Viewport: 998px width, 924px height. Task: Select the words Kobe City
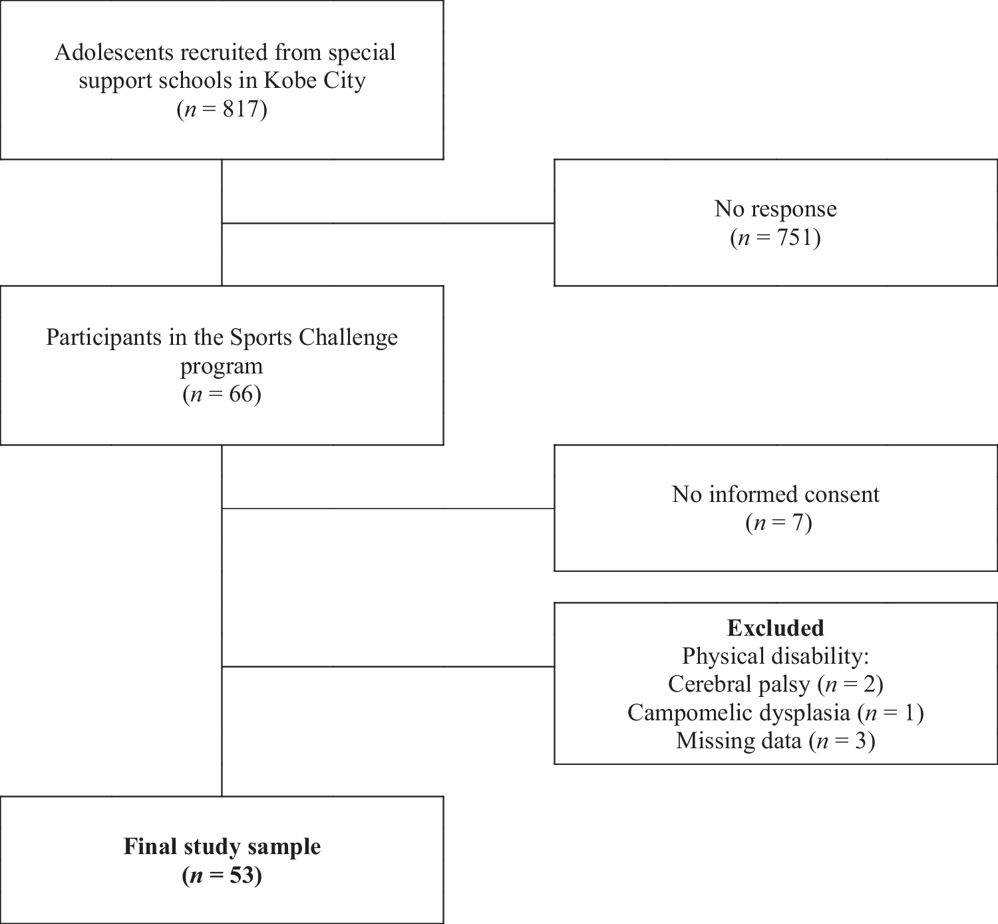(x=315, y=81)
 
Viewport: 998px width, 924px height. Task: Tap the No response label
(x=775, y=209)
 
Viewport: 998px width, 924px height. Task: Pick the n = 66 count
(x=222, y=395)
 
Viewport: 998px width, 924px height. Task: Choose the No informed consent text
(x=775, y=495)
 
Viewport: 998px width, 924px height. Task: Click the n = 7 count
(x=778, y=523)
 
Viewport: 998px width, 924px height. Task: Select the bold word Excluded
(x=775, y=628)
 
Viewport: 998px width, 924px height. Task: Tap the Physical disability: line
(x=775, y=656)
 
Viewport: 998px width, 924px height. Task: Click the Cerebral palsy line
(x=775, y=684)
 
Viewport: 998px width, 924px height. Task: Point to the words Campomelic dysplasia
(x=739, y=713)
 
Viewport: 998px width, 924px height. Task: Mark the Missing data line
(x=775, y=741)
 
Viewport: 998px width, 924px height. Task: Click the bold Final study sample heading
(x=222, y=847)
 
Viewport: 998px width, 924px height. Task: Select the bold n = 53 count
(x=222, y=875)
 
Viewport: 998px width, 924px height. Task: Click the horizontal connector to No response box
(x=388, y=224)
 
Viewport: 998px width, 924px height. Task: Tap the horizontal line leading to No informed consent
(x=388, y=509)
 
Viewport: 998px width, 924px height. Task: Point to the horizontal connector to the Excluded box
(x=388, y=666)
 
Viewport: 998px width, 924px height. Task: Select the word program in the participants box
(x=222, y=366)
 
